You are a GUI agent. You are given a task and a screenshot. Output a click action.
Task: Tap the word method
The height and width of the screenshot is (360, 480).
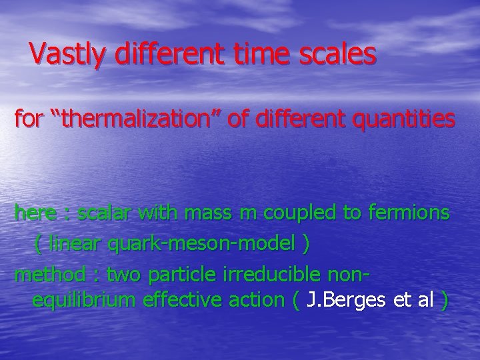click(50, 273)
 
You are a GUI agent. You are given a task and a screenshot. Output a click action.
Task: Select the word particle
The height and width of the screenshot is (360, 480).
click(174, 273)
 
